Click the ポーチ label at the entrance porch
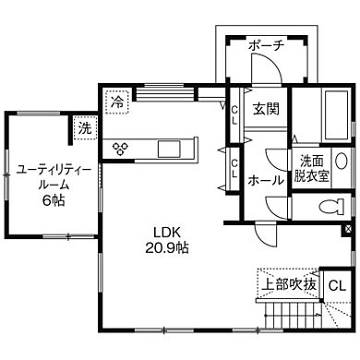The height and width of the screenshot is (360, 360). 266,46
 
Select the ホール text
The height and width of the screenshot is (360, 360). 267,181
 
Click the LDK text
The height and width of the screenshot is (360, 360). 168,232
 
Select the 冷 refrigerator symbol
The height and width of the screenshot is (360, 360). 117,101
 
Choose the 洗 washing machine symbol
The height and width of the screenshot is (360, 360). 85,127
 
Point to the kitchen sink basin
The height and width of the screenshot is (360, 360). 170,149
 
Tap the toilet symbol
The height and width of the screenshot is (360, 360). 325,205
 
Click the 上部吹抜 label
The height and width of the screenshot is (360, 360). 287,284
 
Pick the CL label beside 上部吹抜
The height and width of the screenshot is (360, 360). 337,284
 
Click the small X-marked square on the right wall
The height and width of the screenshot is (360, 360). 347,228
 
